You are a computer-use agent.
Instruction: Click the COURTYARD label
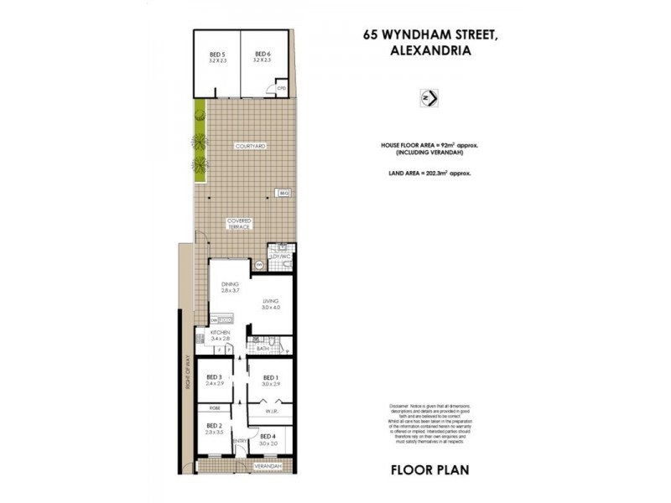point(252,146)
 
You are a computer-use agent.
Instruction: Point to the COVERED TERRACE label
point(239,224)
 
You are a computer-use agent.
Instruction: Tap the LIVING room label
point(270,303)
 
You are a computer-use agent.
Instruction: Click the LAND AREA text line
point(424,173)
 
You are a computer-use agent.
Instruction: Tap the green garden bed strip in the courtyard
point(200,143)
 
